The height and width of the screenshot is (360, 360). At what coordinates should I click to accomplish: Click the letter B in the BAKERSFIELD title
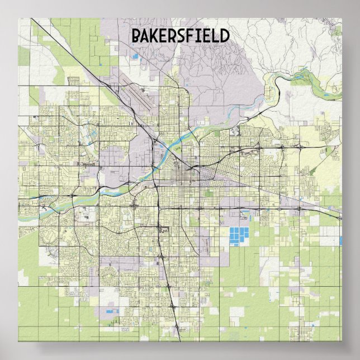135,36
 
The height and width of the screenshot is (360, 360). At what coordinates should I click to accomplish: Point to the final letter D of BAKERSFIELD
224,36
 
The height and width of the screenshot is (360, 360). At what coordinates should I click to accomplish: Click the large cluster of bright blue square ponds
239,236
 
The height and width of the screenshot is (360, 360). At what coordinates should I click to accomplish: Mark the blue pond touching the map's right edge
340,240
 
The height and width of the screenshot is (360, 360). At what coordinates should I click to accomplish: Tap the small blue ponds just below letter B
135,56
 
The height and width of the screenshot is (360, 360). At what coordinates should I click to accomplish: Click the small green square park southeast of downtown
209,193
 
